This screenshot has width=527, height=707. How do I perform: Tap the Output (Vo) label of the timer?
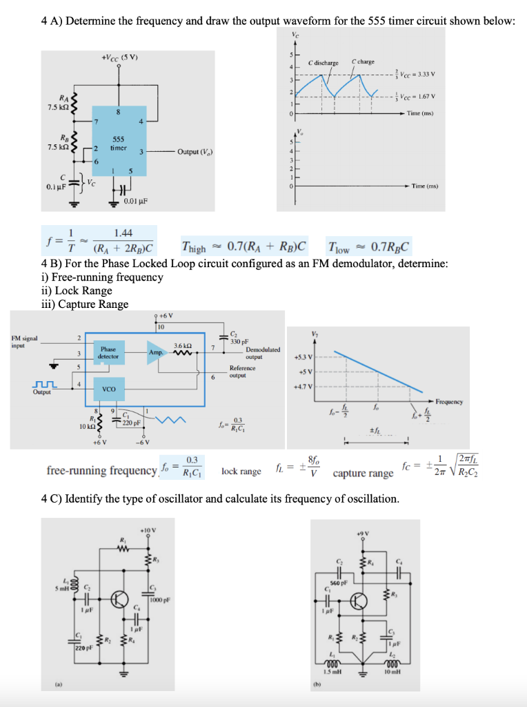coord(196,152)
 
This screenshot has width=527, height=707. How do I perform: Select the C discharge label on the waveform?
coord(324,62)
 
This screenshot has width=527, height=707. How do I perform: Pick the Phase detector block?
coord(108,353)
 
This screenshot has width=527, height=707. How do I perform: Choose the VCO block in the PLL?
coord(108,389)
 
